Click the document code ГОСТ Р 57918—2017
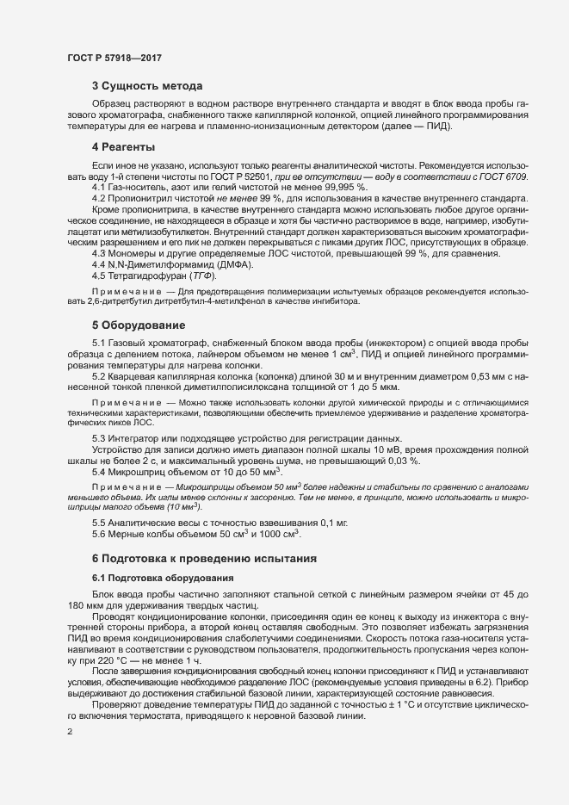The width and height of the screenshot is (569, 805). pos(114,58)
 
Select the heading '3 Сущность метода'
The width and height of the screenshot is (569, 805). pos(147,86)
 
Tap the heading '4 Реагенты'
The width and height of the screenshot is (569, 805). pos(123,146)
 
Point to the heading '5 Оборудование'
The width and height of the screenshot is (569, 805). pos(139,325)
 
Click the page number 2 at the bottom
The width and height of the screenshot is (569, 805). pos(70,732)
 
